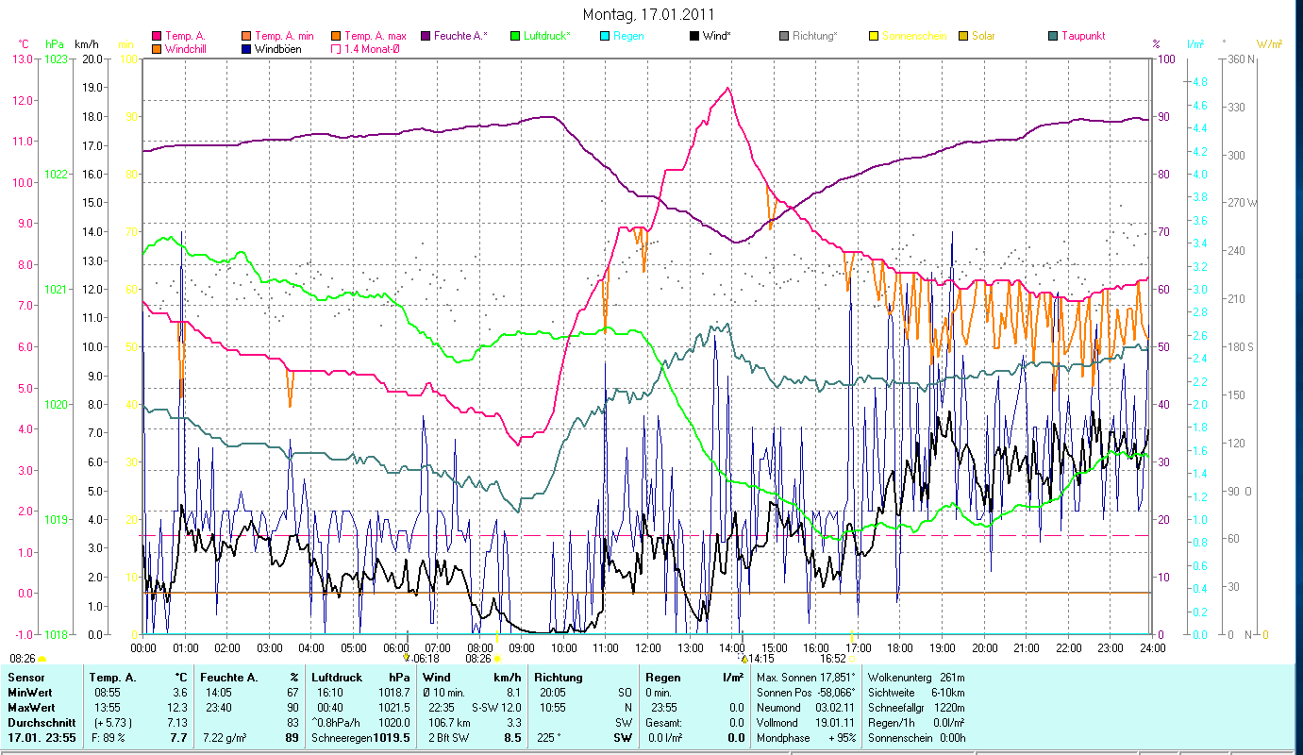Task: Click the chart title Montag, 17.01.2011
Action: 648,14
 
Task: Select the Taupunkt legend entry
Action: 1082,36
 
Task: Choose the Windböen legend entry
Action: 277,49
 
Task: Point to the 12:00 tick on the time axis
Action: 648,647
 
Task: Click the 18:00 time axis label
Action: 900,647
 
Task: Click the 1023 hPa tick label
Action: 57,59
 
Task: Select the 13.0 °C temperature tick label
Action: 22,59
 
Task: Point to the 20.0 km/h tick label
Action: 92,59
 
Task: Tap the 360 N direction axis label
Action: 1239,59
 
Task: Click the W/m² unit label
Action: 1268,43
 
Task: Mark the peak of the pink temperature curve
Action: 727,88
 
